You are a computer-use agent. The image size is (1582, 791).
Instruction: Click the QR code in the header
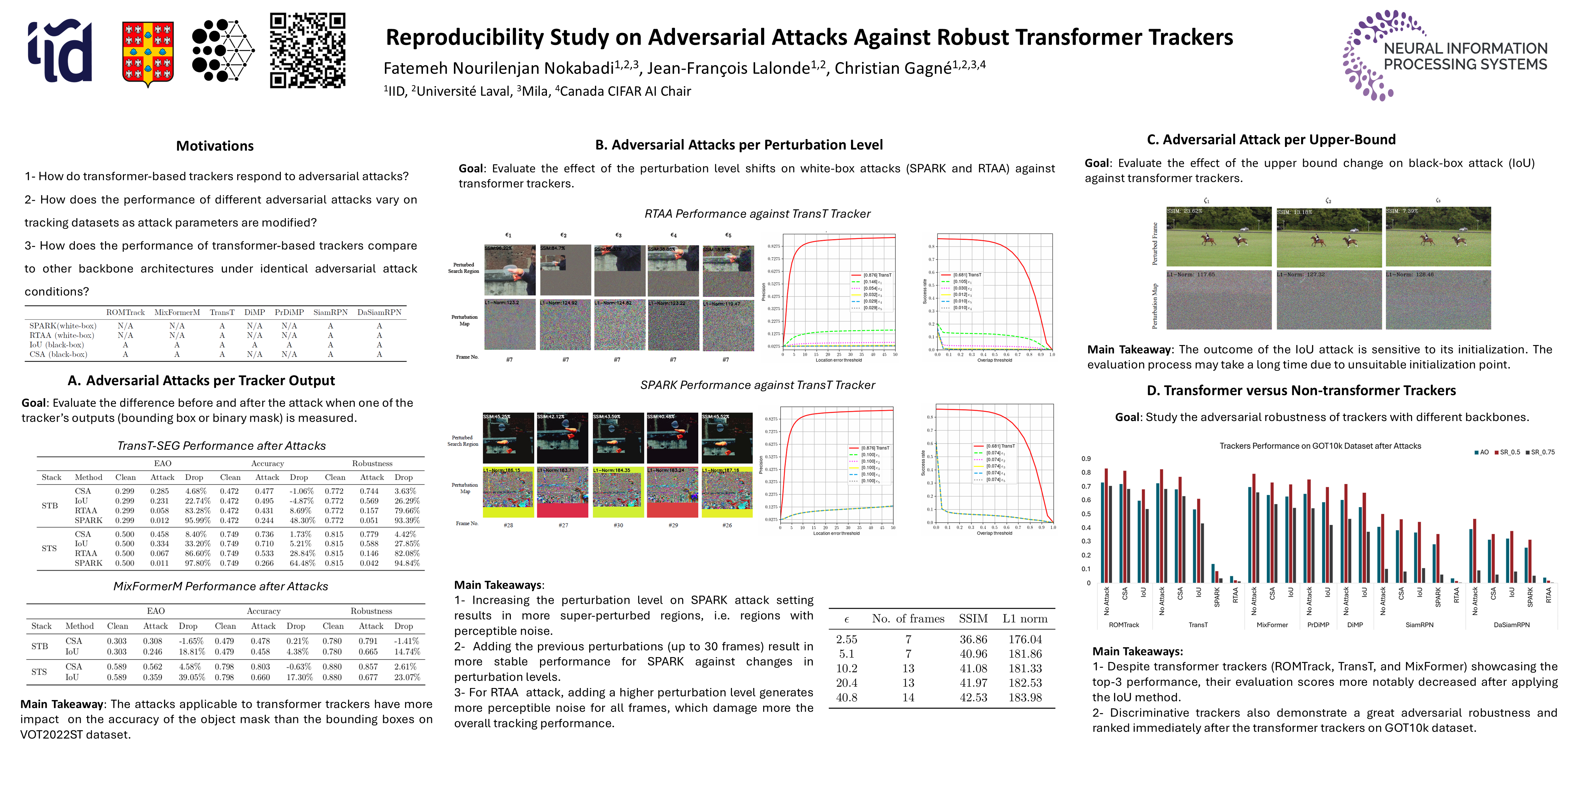(x=308, y=50)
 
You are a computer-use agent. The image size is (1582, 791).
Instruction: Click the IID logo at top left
(x=60, y=50)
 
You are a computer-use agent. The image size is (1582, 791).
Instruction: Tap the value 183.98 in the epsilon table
(x=1025, y=698)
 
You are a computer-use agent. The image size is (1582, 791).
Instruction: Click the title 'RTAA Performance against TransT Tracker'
(x=757, y=214)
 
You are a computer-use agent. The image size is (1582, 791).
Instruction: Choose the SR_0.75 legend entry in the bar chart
(x=1540, y=452)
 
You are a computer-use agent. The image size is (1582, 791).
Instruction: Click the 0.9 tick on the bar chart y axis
(x=1086, y=459)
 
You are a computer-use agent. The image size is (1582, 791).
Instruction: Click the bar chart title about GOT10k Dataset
(x=1320, y=446)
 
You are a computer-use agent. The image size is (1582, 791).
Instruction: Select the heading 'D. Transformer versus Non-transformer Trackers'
(x=1301, y=391)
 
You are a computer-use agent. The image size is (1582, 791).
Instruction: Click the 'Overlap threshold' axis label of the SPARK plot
(x=994, y=534)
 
